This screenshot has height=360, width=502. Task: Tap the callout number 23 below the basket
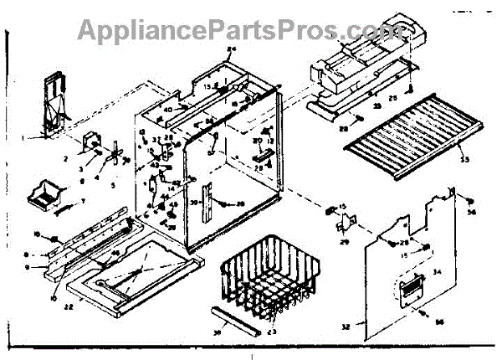[269, 333]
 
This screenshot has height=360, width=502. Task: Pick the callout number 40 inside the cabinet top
[167, 109]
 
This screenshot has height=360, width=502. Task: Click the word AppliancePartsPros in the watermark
[209, 30]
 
